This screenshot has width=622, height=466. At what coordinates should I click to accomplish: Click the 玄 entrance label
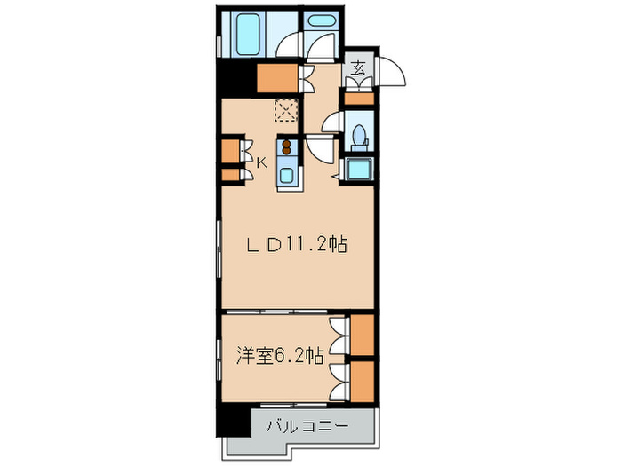pos(358,69)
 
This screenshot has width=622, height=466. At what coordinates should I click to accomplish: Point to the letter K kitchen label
pos(262,162)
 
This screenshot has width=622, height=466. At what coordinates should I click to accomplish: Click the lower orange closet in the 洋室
pos(362,380)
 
